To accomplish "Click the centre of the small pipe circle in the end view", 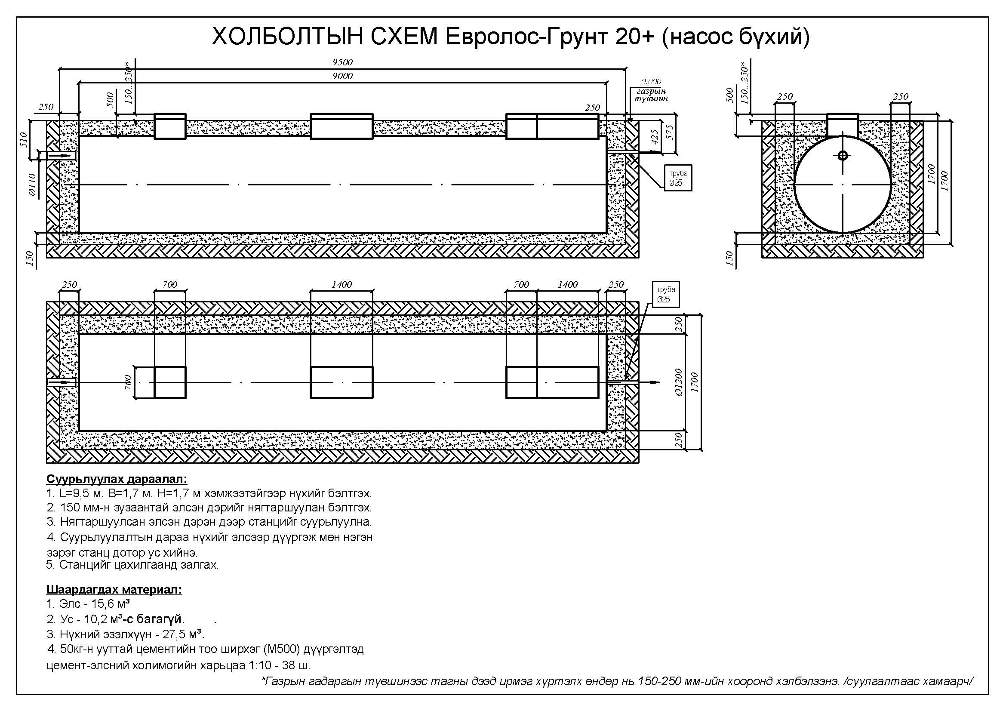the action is [843, 156].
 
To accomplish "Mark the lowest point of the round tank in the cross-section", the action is [843, 233].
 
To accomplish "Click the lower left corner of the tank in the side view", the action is [79, 233].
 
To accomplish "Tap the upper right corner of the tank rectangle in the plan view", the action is [607, 335].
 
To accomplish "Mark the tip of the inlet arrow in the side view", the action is [72, 156].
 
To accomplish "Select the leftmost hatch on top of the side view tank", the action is [170, 126].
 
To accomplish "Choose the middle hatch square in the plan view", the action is [342, 382].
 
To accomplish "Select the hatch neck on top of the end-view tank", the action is [843, 126].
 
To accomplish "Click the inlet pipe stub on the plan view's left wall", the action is [62, 382].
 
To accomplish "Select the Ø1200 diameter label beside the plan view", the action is [679, 382].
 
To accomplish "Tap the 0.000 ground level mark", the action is [651, 81].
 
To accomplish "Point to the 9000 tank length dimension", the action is [343, 76].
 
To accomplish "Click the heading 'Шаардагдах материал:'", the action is [114, 590].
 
